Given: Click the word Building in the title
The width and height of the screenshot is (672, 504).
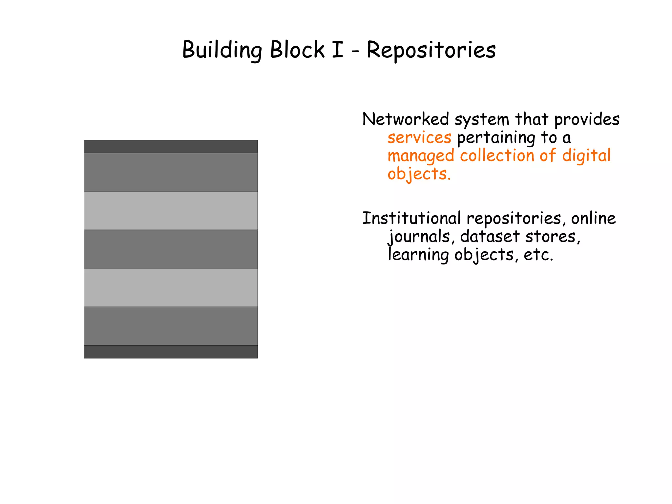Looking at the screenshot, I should pos(222,50).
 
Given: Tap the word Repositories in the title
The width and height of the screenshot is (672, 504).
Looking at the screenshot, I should pos(431,50).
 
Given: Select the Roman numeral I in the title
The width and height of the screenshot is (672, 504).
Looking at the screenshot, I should pos(337,50).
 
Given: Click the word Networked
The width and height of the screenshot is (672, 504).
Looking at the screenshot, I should pos(405,119).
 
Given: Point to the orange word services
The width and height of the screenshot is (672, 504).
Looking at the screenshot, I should pos(419,137).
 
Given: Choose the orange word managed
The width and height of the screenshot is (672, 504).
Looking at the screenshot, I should pos(421,156).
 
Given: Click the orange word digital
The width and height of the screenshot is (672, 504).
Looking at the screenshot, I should pos(586,155).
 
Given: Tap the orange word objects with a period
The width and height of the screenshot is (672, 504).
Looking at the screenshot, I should pos(419,174).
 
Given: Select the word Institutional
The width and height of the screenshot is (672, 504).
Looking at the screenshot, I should pos(411,218).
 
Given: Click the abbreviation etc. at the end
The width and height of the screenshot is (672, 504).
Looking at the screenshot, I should pos(538,255).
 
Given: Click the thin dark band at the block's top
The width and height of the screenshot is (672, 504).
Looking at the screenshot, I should pos(171,147).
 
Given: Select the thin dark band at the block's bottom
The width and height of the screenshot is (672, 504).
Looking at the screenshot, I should pos(171,352).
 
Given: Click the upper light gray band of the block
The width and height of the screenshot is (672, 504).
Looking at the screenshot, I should pos(171,211).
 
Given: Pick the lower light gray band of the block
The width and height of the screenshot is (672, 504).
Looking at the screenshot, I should pos(171,287).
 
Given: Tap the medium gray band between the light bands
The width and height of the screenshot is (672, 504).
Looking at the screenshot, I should pos(171,249).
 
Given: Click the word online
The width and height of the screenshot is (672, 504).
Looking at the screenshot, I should pos(593,218).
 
